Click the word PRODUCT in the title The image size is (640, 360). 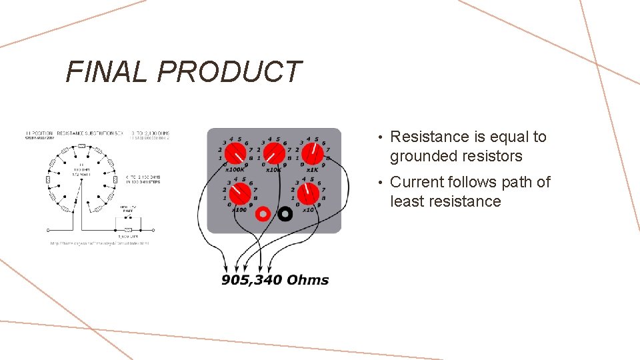tap(229, 71)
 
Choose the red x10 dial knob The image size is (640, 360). tap(307, 195)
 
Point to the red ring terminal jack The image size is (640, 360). tap(263, 214)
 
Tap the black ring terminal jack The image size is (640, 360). tap(285, 214)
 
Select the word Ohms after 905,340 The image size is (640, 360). tap(307, 280)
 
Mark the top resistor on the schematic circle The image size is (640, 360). tap(81, 146)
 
